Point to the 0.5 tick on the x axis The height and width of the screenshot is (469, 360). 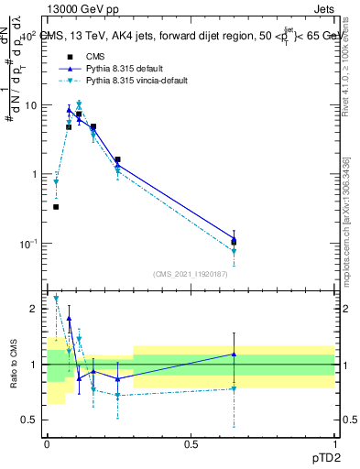[191, 443]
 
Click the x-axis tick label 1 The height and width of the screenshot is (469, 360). [334, 443]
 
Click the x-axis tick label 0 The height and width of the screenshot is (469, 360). [47, 443]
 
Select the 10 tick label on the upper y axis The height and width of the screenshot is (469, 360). [30, 105]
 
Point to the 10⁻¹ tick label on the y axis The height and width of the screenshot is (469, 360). [29, 244]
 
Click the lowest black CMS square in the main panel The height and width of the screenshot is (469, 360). [56, 207]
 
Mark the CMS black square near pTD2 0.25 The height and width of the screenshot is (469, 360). [118, 159]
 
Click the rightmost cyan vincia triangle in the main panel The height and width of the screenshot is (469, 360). [234, 251]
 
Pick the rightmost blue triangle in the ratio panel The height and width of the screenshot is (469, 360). [234, 354]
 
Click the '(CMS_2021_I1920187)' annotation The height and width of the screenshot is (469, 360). [191, 274]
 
